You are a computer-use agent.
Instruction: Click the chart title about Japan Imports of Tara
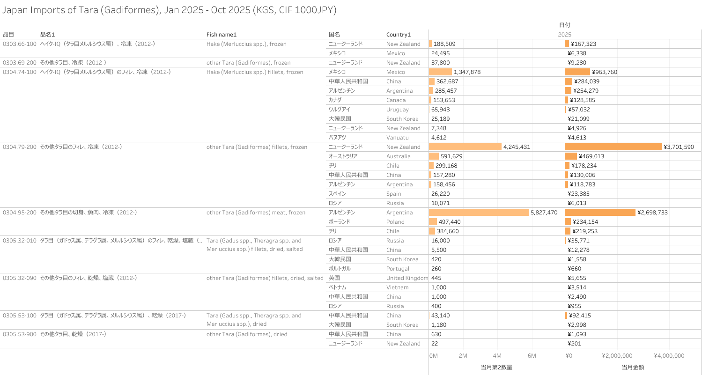click(169, 10)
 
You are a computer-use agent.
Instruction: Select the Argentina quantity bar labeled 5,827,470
click(479, 213)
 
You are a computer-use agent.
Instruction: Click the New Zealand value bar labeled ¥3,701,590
click(613, 147)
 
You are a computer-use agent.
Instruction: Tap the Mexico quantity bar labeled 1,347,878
click(440, 72)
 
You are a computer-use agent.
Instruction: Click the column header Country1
click(399, 35)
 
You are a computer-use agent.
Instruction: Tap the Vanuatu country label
click(398, 138)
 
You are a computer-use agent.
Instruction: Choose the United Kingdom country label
click(407, 278)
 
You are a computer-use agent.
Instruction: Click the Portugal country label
click(398, 269)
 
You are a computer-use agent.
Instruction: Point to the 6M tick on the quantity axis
click(532, 356)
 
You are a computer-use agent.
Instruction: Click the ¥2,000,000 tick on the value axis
click(617, 356)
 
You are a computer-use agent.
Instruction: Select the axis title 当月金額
click(633, 368)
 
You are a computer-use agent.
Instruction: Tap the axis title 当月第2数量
click(496, 368)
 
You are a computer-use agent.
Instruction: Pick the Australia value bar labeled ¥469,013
click(571, 156)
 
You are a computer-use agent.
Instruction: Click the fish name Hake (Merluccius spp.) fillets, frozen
click(255, 72)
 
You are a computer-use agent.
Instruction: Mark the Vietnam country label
click(397, 287)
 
